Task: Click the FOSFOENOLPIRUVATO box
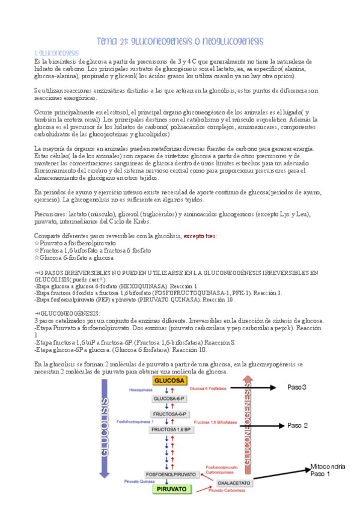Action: coord(171,475)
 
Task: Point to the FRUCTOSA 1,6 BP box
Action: coord(171,430)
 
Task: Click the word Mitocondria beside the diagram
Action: coord(327,466)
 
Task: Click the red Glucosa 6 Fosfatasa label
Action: coord(207,389)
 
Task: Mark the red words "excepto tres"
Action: coord(200,236)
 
